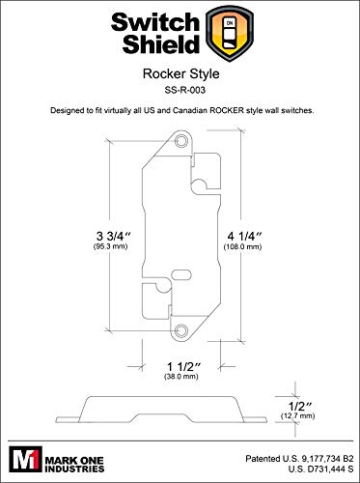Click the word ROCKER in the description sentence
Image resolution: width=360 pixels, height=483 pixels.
(x=228, y=112)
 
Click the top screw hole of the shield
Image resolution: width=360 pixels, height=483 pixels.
(x=180, y=142)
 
